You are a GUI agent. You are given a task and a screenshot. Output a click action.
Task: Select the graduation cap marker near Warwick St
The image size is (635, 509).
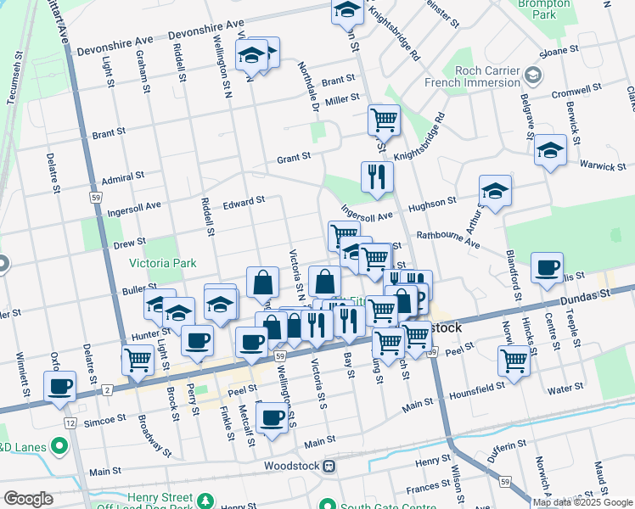pyautogui.click(x=551, y=151)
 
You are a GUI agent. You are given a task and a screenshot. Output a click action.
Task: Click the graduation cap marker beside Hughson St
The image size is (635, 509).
pyautogui.click(x=495, y=191)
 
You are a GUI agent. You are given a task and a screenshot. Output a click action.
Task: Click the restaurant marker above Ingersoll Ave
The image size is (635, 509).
pyautogui.click(x=377, y=176)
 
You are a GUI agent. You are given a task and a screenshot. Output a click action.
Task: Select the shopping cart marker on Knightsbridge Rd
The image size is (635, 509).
pyautogui.click(x=384, y=119)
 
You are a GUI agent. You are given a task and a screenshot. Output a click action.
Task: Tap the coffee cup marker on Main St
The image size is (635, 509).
pyautogui.click(x=272, y=417)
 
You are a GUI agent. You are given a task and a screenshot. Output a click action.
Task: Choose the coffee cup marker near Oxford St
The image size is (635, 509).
pyautogui.click(x=59, y=387)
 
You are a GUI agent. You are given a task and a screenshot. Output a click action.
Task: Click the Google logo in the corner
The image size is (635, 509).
pyautogui.click(x=28, y=499)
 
